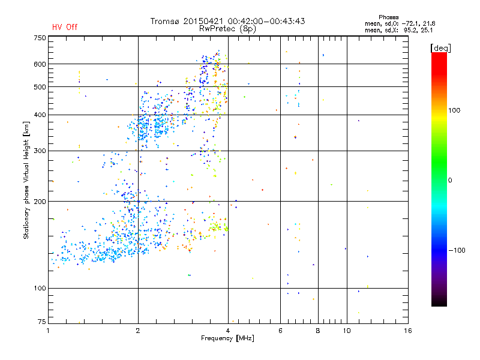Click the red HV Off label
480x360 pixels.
(x=65, y=27)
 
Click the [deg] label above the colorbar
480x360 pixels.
(x=441, y=47)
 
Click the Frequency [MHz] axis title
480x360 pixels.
(x=227, y=338)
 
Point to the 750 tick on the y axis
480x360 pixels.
(x=40, y=38)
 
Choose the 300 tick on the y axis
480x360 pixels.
(x=40, y=151)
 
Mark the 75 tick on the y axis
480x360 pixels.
(x=41, y=322)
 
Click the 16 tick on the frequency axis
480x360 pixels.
(x=408, y=331)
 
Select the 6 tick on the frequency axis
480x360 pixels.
(x=280, y=331)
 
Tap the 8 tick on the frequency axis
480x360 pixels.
(x=318, y=331)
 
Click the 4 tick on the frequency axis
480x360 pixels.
(x=228, y=331)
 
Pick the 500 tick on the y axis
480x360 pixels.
(x=40, y=87)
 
